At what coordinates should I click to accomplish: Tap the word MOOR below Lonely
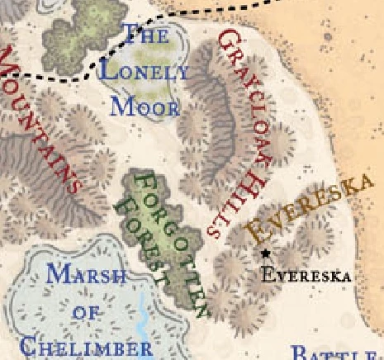[145, 106]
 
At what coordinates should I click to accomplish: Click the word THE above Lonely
[145, 35]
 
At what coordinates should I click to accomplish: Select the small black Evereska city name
[306, 275]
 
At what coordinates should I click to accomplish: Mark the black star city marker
[265, 253]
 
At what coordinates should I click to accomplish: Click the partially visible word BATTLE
[334, 353]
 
